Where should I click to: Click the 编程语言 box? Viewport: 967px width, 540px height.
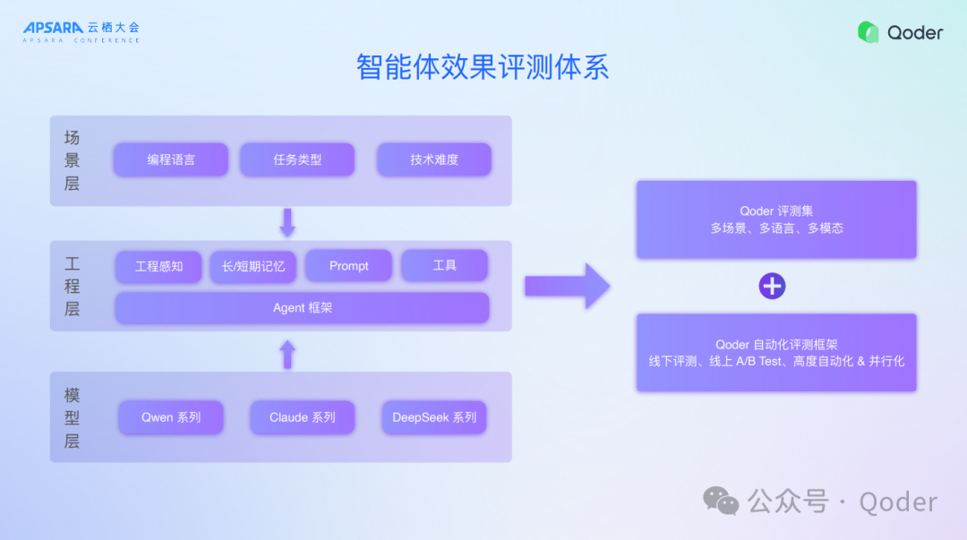[x=171, y=160]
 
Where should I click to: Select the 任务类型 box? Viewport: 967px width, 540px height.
[x=297, y=160]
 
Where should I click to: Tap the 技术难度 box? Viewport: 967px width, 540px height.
[x=434, y=160]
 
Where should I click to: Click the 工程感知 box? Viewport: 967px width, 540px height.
[x=159, y=266]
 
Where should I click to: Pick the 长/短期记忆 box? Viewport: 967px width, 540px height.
[x=253, y=266]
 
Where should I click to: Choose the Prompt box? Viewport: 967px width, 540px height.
[x=348, y=266]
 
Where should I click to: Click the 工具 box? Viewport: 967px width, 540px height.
[x=444, y=266]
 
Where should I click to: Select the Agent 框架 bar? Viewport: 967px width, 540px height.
[x=303, y=308]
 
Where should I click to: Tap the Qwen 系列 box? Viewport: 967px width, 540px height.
[x=171, y=417]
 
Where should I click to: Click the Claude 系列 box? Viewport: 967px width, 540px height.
[x=303, y=417]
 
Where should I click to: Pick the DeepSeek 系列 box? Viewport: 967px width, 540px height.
[x=434, y=417]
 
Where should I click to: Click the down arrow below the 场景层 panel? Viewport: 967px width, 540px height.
[x=287, y=223]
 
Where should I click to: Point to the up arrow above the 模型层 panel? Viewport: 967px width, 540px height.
[x=287, y=354]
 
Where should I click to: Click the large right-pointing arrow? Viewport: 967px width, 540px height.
[x=567, y=287]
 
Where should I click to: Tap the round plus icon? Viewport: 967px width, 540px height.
[x=772, y=287]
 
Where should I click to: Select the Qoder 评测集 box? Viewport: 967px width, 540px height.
[x=776, y=219]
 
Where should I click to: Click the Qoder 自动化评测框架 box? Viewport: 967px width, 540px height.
[x=776, y=352]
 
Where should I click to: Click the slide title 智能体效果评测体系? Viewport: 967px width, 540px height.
[x=483, y=68]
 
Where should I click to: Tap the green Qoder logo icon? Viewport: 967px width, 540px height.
[x=868, y=32]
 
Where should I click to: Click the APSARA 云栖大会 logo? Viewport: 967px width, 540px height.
[x=81, y=32]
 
